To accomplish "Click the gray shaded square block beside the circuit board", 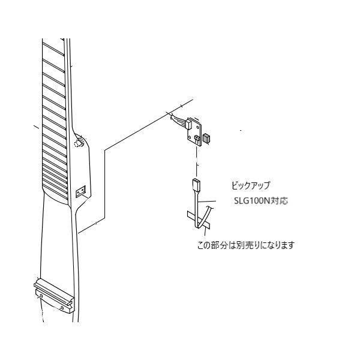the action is pyautogui.click(x=207, y=139).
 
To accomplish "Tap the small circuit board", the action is pyautogui.click(x=195, y=133).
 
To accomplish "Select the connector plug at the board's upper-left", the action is pyautogui.click(x=188, y=124).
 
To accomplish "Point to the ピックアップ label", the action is pyautogui.click(x=251, y=185).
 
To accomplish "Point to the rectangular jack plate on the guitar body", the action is pyautogui.click(x=81, y=191).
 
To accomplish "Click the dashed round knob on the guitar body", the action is pyautogui.click(x=79, y=143).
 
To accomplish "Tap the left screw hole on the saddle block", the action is pyautogui.click(x=41, y=295).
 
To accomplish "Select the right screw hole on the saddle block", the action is pyautogui.click(x=62, y=308).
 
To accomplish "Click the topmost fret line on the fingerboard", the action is pyautogui.click(x=53, y=49).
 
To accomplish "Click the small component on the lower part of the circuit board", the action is pyautogui.click(x=197, y=139).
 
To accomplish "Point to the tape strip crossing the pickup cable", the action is pyautogui.click(x=199, y=220).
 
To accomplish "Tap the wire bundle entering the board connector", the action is pyautogui.click(x=178, y=119).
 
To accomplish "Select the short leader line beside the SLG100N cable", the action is pyautogui.click(x=207, y=202).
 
